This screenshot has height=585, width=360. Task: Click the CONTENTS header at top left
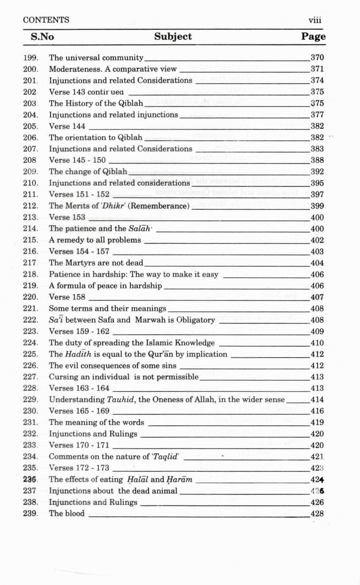coord(46,20)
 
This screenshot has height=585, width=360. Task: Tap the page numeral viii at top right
coord(315,20)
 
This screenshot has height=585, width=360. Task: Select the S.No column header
coord(42,36)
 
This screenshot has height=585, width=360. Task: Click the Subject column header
coord(173,36)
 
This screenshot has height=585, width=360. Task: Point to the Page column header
coord(313,36)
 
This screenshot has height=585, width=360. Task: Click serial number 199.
coord(31,58)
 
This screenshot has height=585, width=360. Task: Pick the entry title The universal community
coord(96,58)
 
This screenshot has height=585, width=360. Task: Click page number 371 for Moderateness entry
coord(317,69)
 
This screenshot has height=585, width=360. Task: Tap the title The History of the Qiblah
coord(96,103)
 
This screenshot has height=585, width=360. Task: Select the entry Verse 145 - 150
coord(77,160)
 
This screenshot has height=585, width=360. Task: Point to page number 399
coord(317,206)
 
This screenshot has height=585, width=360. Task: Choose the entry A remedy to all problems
coord(95,240)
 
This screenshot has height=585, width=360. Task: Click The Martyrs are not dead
coord(96,263)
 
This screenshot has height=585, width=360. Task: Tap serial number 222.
coord(31,320)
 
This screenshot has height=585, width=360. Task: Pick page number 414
coord(317,400)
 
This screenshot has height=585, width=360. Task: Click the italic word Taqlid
coord(168,457)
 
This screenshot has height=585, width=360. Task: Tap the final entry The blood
coord(67,513)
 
